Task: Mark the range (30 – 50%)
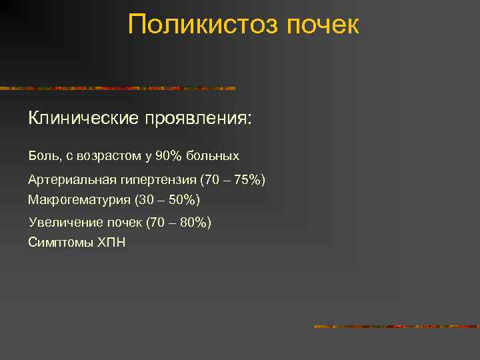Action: click(167, 200)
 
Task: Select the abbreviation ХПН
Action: click(111, 242)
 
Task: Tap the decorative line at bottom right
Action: click(396, 327)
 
